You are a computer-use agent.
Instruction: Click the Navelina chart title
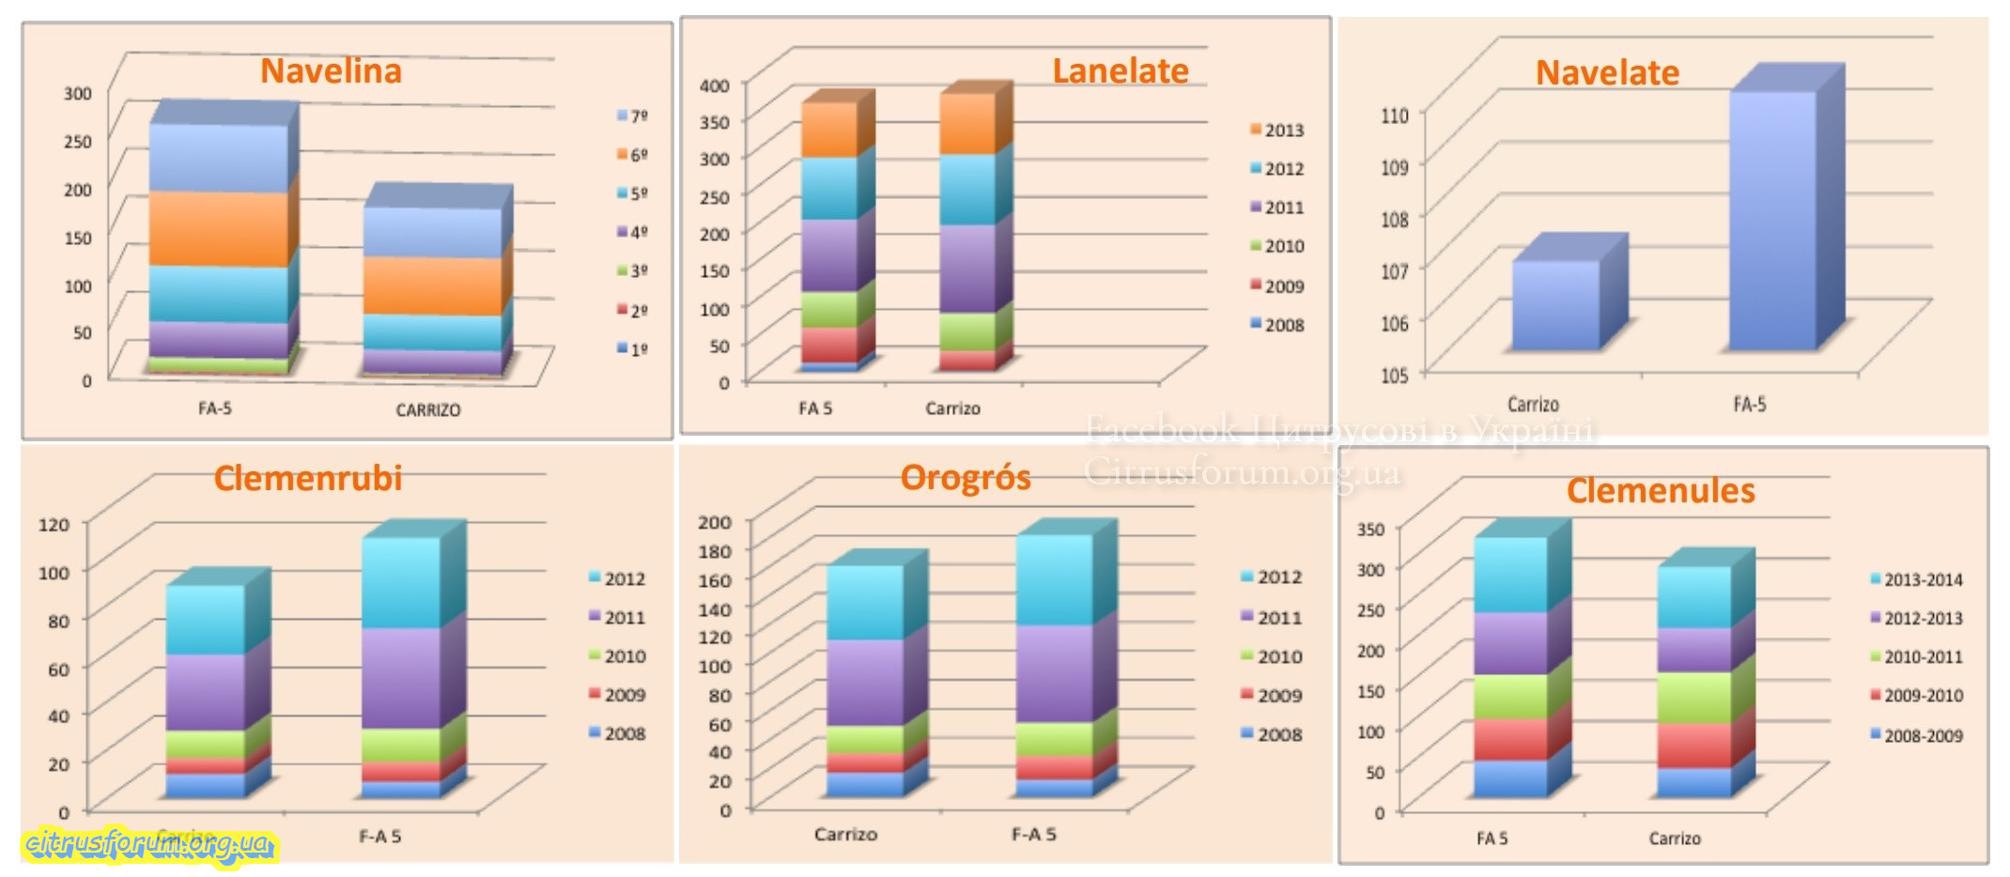click(331, 71)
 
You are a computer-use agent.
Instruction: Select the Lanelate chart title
click(1120, 71)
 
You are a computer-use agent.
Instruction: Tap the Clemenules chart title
click(1660, 491)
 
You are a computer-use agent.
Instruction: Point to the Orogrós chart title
click(965, 478)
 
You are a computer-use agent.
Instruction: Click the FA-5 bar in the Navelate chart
click(1773, 221)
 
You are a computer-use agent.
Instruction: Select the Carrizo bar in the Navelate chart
click(1555, 305)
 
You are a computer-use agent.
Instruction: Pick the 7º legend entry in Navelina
click(632, 115)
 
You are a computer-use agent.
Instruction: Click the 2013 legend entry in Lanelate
click(1276, 131)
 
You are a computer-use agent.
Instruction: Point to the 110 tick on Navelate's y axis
click(1394, 115)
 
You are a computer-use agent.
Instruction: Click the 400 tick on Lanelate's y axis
click(714, 85)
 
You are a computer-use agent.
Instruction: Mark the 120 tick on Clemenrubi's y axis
click(54, 524)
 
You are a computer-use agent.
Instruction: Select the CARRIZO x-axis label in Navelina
click(427, 410)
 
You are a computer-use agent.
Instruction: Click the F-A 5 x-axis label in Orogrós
click(1033, 834)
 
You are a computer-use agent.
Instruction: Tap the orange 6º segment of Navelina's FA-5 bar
click(218, 229)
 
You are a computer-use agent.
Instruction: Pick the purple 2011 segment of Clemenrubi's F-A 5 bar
click(401, 677)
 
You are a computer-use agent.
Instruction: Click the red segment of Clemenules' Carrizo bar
click(1693, 746)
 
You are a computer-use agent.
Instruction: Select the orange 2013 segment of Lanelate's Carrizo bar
click(967, 124)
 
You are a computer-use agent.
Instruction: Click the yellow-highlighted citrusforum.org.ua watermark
click(148, 844)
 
